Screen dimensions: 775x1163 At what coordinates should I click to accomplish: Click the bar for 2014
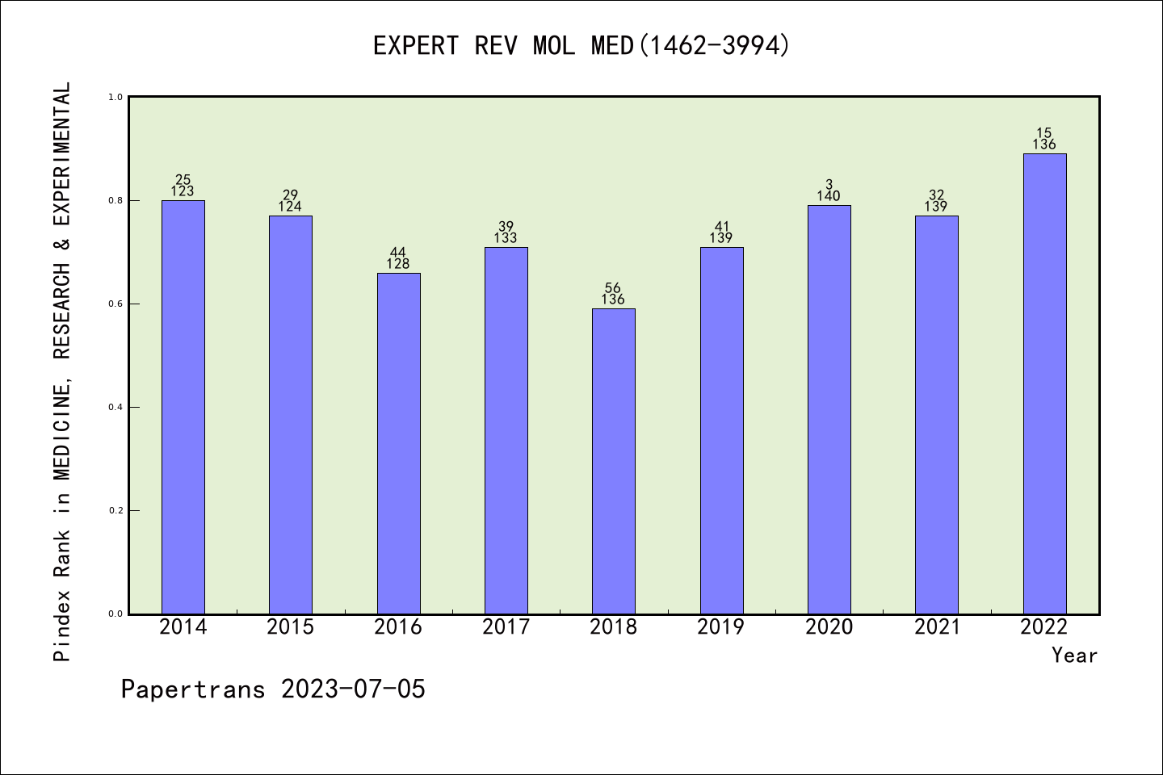click(183, 407)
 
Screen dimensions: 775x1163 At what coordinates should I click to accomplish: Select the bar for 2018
click(614, 461)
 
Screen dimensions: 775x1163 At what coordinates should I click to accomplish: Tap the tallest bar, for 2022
click(1044, 383)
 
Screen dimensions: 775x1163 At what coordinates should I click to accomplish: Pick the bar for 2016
click(398, 443)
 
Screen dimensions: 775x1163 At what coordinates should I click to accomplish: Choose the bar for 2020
click(829, 409)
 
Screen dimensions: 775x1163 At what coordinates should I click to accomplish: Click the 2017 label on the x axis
click(506, 627)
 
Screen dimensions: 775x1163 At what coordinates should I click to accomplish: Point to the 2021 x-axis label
click(937, 627)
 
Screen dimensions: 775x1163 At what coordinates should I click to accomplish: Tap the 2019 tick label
click(721, 627)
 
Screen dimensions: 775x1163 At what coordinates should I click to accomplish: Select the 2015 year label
click(291, 627)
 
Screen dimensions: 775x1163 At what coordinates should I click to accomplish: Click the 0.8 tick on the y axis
click(115, 200)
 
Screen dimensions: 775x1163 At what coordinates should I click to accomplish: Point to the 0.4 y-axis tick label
click(115, 407)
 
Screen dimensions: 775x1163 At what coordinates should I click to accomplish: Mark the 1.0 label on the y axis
click(115, 97)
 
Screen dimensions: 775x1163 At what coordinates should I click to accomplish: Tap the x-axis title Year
click(1074, 656)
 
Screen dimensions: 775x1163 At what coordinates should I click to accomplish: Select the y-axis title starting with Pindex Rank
click(62, 371)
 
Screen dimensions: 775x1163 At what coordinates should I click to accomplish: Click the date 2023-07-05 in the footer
click(353, 689)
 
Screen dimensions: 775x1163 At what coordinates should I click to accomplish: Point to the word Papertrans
click(193, 689)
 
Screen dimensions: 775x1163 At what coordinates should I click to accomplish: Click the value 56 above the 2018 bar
click(613, 288)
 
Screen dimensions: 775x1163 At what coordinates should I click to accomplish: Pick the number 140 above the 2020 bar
click(829, 196)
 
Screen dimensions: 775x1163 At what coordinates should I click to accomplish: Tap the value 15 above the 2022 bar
click(1044, 133)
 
